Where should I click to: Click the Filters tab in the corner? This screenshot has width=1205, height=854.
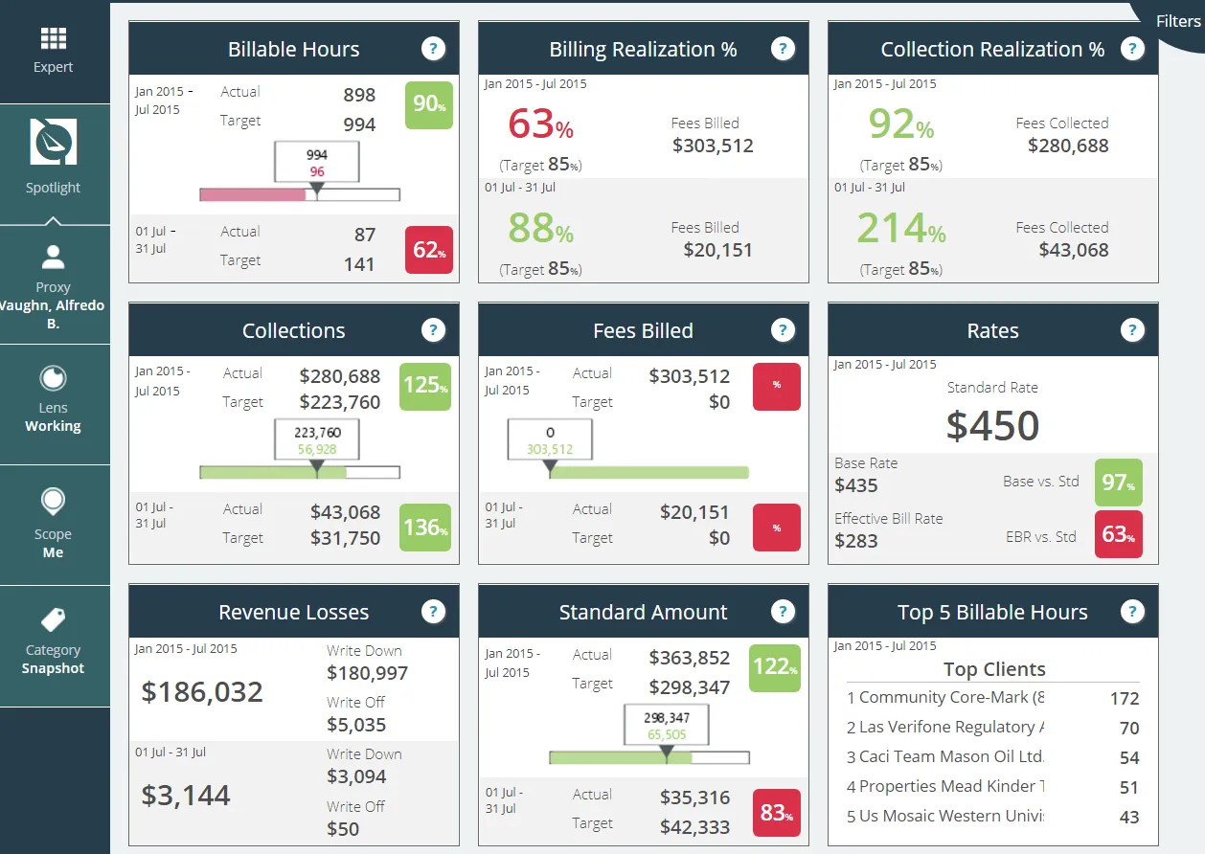1177,21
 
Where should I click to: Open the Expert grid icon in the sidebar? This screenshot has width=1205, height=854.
54,38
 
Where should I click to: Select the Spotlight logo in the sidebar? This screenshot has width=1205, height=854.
54,142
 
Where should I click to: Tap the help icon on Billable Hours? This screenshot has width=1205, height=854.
433,49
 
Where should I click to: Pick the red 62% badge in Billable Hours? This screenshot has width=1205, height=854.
429,250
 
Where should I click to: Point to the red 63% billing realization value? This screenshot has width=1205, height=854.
540,124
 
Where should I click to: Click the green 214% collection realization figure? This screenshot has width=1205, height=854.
900,229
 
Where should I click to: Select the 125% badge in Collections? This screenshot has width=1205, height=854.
425,386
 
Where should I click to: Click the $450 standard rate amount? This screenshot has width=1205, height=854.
992,425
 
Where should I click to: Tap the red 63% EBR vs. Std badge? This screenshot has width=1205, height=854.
1118,534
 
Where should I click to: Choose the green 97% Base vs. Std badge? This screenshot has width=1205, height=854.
1118,483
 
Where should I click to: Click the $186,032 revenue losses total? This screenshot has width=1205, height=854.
202,692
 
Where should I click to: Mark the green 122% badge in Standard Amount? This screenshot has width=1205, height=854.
775,667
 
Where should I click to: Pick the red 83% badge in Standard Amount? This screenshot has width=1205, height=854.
777,813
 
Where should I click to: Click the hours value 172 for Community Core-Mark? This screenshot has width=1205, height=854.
1125,699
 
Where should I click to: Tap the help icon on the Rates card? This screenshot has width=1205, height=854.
1132,330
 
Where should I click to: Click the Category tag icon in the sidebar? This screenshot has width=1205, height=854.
54,619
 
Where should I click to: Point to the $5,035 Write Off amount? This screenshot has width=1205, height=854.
356,725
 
